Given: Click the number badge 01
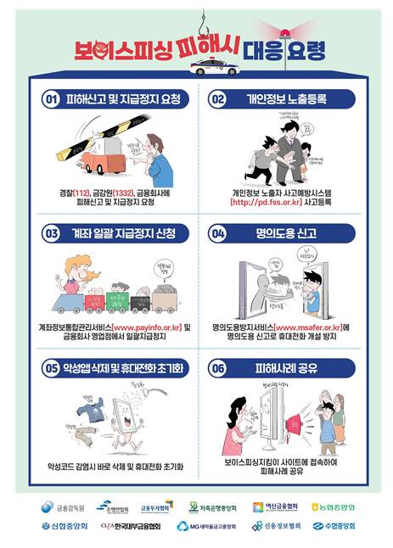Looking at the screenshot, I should point(50,99).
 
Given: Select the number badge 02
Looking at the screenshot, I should point(217,99).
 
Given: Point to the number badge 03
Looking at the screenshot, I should point(50,232).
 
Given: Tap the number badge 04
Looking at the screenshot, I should point(217,232).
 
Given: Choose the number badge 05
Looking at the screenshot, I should point(50,367).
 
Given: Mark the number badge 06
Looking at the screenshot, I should point(217,367).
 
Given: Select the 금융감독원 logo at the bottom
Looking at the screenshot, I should point(59,507).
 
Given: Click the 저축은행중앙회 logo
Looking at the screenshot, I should point(211,507).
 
